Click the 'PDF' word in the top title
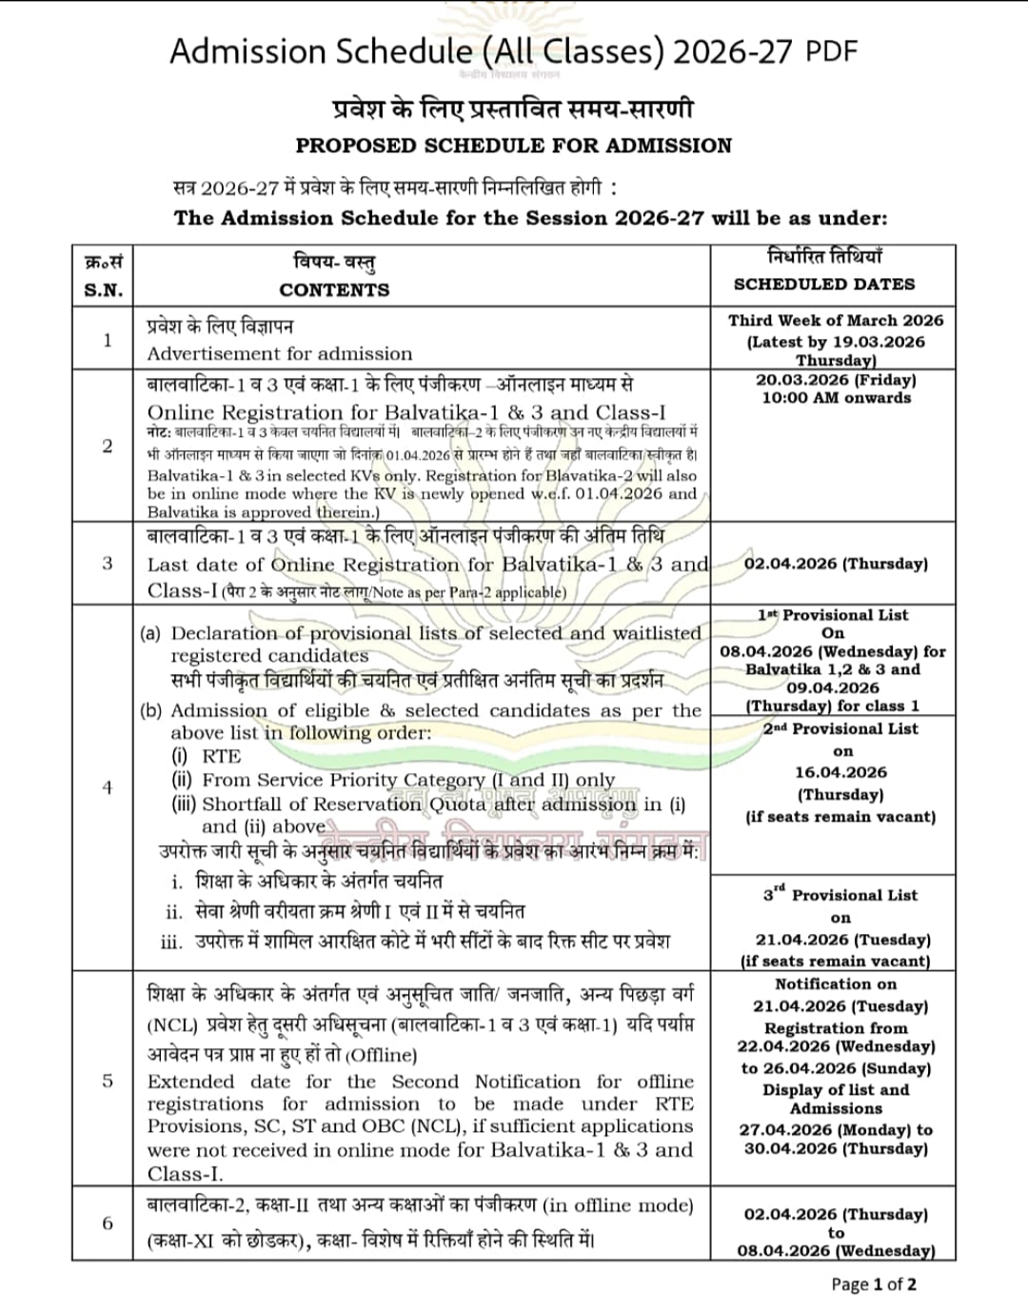point(832,50)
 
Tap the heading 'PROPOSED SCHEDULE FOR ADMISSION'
point(514,146)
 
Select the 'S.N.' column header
point(104,290)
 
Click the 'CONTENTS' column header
point(334,290)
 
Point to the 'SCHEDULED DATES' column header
point(824,284)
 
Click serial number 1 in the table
point(108,340)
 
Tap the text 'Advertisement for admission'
point(280,353)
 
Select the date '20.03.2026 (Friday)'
point(836,379)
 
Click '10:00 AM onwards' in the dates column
point(836,398)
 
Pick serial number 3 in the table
point(108,563)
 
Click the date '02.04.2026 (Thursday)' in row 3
point(836,564)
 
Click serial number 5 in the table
point(108,1080)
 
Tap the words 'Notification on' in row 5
point(836,984)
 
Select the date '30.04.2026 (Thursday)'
point(836,1148)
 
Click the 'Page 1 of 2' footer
point(874,1284)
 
